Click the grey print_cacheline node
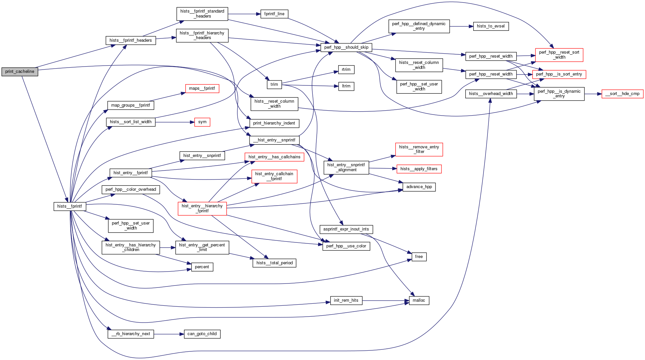coord(20,72)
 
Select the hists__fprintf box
coord(70,206)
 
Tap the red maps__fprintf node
coord(202,88)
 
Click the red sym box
coord(202,122)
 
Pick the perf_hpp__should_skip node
coord(346,47)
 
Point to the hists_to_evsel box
coord(491,26)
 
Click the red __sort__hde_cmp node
coord(622,94)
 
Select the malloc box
coord(419,300)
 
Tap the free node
coord(419,257)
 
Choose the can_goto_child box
coord(202,334)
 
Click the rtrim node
coord(346,70)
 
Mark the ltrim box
coord(346,86)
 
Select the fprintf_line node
coord(274,14)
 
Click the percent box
coord(202,267)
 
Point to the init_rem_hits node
coord(346,300)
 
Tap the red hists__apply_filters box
coord(419,169)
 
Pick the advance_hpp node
coord(419,187)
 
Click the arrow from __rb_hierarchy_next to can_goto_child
coord(169,334)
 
